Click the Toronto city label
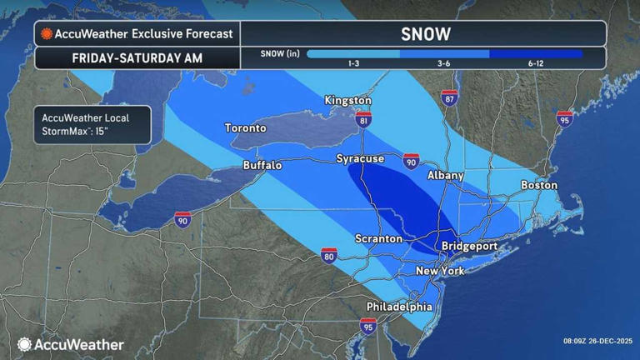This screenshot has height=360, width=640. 245,128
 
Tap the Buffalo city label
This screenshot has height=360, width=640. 262,166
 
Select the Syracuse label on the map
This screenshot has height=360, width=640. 360,158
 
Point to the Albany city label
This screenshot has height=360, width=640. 445,176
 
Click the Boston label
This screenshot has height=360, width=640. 538,185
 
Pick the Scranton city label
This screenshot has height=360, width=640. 379,239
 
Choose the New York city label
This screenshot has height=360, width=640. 440,272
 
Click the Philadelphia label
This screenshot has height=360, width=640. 399,307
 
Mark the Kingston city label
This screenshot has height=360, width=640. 347,101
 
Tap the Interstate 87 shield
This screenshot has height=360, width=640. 449,97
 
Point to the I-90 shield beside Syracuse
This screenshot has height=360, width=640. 410,160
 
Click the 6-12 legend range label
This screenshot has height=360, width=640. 536,63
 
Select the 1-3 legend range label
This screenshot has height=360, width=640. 352,63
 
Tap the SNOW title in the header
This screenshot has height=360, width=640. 425,34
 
